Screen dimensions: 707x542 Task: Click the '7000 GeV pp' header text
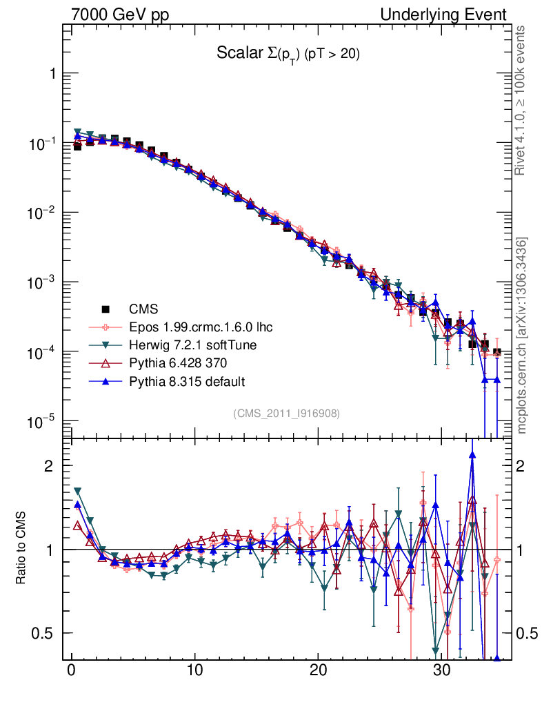(121, 14)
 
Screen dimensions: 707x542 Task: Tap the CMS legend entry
(145, 308)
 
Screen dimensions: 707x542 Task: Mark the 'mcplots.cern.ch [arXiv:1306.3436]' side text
(523, 336)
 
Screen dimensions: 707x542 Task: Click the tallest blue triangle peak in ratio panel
(472, 454)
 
